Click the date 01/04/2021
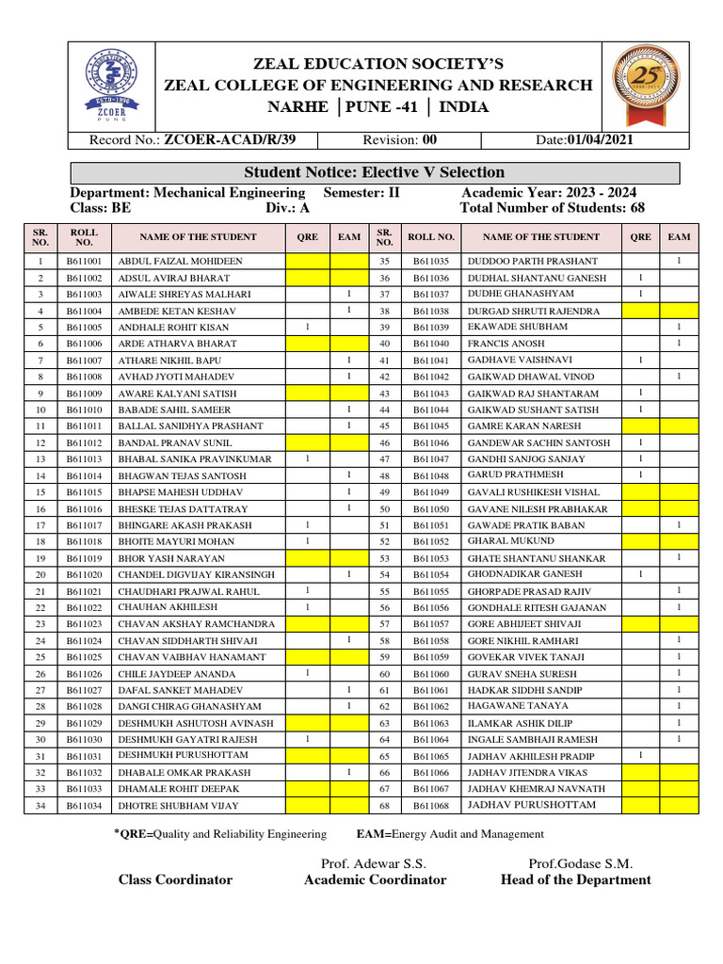coord(600,139)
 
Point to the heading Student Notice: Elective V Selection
coord(374,172)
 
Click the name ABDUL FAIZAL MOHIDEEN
coord(180,261)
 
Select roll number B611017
coord(85,525)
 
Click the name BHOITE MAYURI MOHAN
coord(176,542)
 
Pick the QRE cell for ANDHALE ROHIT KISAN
coord(308,327)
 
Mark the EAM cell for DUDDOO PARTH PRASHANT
coord(679,261)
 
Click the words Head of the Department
coord(576,880)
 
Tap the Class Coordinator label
coord(175,880)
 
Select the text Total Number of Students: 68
coord(552,208)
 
